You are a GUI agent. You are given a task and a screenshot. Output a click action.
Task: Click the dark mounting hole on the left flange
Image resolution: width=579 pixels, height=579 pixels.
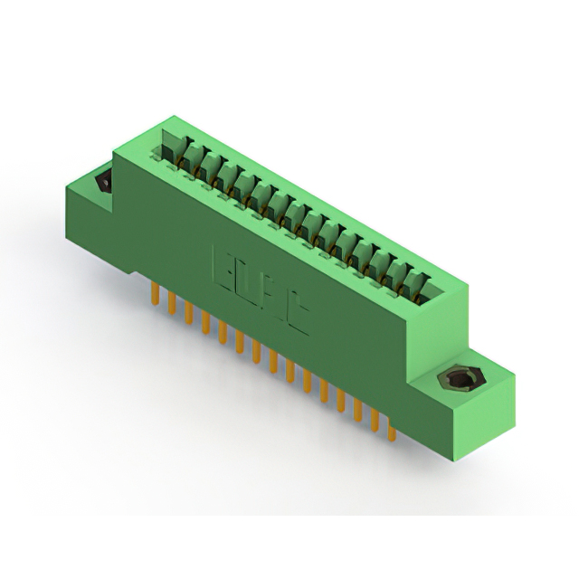point(102,184)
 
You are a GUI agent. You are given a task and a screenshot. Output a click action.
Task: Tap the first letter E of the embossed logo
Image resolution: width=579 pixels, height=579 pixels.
point(223,263)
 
